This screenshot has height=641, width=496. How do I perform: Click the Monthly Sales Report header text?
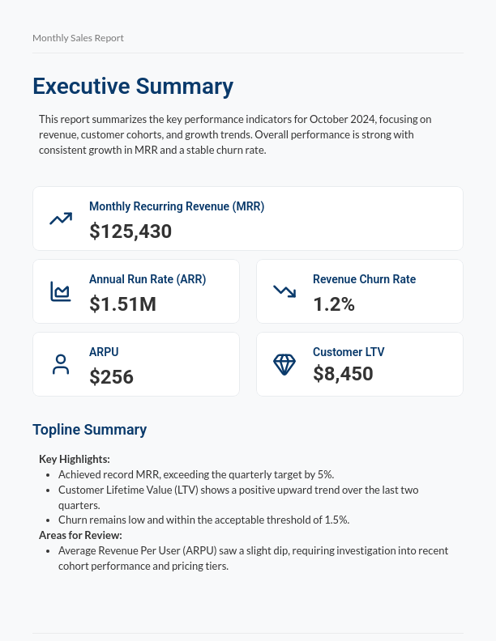[x=78, y=38]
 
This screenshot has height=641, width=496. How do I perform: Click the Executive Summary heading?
[x=133, y=86]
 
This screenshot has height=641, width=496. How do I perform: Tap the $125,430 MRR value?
[x=130, y=231]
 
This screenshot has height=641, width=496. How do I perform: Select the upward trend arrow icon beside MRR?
[x=61, y=219]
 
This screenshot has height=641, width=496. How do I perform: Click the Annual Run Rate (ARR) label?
[x=148, y=279]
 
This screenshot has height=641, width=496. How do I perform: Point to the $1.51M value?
[x=122, y=304]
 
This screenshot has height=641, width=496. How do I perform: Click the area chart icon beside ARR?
[x=61, y=291]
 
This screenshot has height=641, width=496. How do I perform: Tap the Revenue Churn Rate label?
[x=364, y=279]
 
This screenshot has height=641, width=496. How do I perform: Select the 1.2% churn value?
[x=334, y=304]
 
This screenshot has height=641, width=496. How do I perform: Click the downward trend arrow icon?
[x=284, y=291]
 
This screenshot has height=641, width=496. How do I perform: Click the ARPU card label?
[x=104, y=352]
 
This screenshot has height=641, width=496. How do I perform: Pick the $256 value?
[x=111, y=377]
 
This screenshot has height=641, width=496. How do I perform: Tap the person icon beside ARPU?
[x=61, y=364]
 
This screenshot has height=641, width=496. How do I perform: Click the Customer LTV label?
[x=348, y=352]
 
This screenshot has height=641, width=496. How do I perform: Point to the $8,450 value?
[x=343, y=374]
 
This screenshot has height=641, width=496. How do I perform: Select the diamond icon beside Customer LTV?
[x=284, y=364]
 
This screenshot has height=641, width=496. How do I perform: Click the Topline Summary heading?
[x=89, y=430]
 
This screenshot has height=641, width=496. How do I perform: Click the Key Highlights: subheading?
[x=75, y=459]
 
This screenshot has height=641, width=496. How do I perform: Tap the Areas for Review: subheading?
[x=80, y=535]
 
